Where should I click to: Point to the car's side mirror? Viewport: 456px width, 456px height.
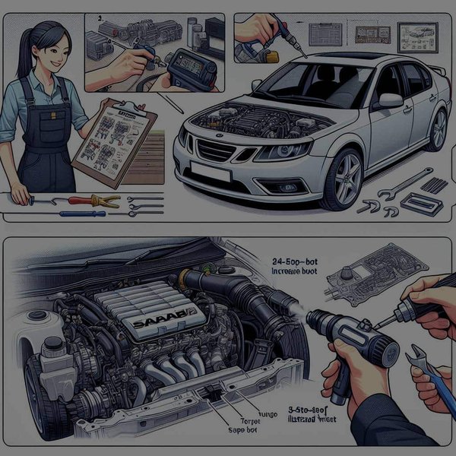pyautogui.click(x=391, y=100)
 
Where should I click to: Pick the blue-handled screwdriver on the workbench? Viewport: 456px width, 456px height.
pyautogui.click(x=61, y=214)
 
